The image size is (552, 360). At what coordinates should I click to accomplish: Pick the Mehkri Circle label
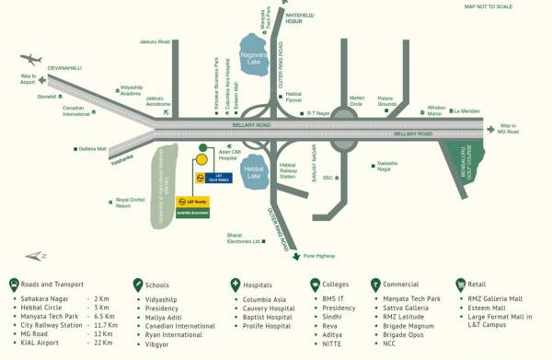click(357, 100)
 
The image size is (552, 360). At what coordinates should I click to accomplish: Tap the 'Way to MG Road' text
click(509, 129)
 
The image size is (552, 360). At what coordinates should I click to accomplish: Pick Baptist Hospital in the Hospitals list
click(268, 317)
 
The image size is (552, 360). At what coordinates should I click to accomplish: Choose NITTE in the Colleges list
click(333, 342)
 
